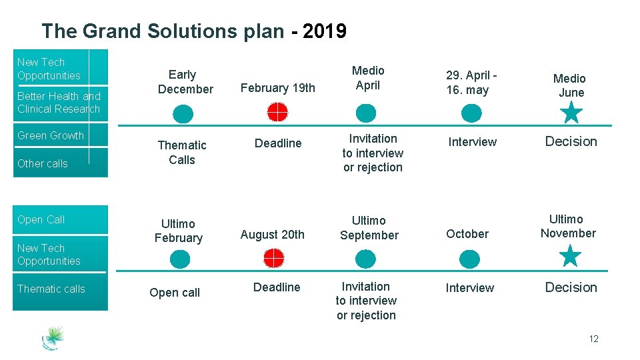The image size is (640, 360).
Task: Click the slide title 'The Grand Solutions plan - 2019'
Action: coord(193,31)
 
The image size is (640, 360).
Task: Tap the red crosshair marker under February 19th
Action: coord(277,113)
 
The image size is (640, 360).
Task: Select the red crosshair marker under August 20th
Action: coord(273,258)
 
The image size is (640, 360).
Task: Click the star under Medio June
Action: coord(571,113)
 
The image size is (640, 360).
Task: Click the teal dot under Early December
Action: coord(183,115)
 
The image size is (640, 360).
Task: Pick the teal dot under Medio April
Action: coord(366,113)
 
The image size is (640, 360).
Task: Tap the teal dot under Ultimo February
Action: coord(179,259)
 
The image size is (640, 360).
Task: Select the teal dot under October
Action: coord(469,259)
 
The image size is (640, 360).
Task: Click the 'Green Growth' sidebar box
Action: coord(61,136)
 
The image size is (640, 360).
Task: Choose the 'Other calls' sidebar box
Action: coord(61,163)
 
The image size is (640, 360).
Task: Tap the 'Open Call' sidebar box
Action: coord(61,219)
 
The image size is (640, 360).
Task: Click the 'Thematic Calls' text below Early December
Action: coord(182,152)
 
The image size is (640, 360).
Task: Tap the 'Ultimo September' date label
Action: coord(369,227)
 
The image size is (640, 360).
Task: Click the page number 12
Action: coord(593,339)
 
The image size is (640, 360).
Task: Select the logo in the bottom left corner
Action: coord(53,338)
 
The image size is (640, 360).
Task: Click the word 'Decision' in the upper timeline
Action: coord(571,141)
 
